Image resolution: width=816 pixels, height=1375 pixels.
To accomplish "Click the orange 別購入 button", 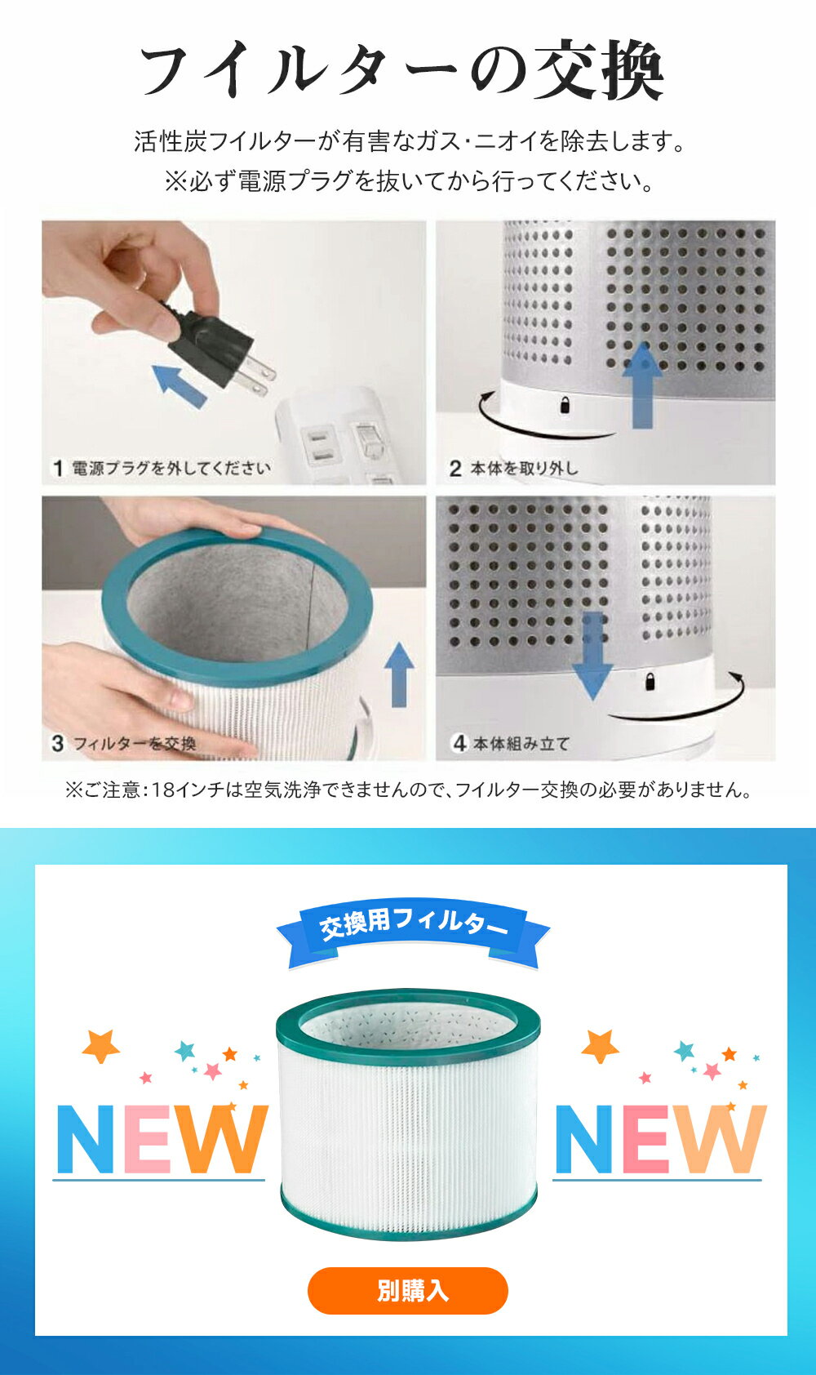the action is coord(407,1290).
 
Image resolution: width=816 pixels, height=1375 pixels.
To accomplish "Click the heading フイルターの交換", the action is coord(402,69).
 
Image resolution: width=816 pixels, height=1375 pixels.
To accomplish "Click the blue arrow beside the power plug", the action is coord(180,385).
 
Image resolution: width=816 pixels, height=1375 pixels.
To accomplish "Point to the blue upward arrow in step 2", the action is coord(642,385).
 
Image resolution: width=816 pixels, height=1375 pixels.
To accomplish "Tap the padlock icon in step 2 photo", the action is coord(565,405).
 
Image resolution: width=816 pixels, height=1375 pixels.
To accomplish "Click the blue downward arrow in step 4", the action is coord(592,655).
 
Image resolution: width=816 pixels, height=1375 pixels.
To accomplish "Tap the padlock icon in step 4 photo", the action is coord(650,681).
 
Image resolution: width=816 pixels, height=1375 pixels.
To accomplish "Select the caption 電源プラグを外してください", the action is coord(171,469).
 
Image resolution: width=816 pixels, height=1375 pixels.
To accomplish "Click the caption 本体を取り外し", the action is coord(523,469).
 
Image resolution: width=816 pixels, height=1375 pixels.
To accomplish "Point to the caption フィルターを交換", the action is coord(135,744).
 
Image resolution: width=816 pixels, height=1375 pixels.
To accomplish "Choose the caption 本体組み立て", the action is coord(521,744).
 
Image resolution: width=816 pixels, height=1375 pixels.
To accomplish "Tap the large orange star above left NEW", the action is coord(101,1046).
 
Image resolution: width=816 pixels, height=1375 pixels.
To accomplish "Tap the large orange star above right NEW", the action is coord(600,1046).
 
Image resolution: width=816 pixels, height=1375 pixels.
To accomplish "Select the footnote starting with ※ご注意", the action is coord(408,790).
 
